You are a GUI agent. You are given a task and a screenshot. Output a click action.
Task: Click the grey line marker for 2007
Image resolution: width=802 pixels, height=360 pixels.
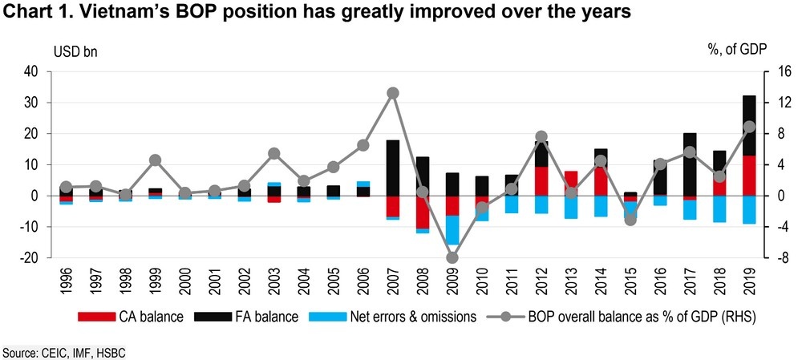[393, 93]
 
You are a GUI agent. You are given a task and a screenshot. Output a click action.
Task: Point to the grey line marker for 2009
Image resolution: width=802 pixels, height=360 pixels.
[452, 257]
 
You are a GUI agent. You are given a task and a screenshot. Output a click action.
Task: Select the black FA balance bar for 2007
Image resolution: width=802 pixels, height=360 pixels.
[393, 168]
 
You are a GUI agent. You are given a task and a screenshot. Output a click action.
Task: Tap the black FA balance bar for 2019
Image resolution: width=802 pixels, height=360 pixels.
[749, 125]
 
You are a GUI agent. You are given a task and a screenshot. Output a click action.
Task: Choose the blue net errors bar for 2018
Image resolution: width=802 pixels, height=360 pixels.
[719, 208]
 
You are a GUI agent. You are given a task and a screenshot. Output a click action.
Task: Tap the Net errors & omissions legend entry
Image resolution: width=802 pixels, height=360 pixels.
[396, 317]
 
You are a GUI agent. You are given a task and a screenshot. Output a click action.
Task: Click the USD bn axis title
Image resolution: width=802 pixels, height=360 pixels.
[75, 50]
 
